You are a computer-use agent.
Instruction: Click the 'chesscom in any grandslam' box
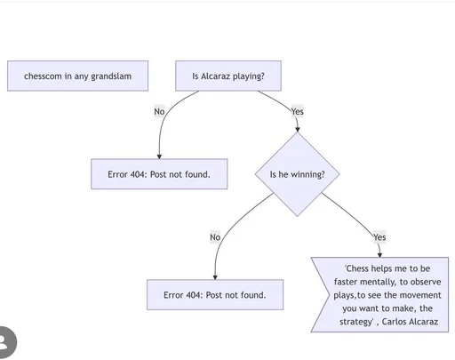(77, 76)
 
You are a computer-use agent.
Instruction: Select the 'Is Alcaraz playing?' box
(228, 76)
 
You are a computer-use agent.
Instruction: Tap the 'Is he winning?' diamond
(298, 174)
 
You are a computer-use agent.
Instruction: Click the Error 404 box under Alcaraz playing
(159, 174)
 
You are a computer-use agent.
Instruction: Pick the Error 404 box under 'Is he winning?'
(215, 295)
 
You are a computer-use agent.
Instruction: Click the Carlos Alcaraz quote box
(382, 295)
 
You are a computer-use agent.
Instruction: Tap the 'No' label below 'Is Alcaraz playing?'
(159, 112)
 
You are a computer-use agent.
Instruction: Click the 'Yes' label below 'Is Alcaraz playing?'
(298, 112)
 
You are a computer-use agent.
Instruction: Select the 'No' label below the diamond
(215, 237)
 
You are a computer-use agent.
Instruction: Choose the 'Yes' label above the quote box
(379, 237)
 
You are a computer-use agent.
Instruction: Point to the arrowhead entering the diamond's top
(298, 130)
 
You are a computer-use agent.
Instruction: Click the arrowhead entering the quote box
(379, 255)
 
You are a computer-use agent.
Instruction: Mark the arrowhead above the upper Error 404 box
(159, 156)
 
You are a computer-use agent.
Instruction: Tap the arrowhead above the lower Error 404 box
(215, 277)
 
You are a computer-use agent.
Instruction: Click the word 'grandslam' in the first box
(111, 76)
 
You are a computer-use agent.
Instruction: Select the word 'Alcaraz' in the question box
(215, 76)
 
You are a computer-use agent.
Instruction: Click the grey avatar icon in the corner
(7, 342)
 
